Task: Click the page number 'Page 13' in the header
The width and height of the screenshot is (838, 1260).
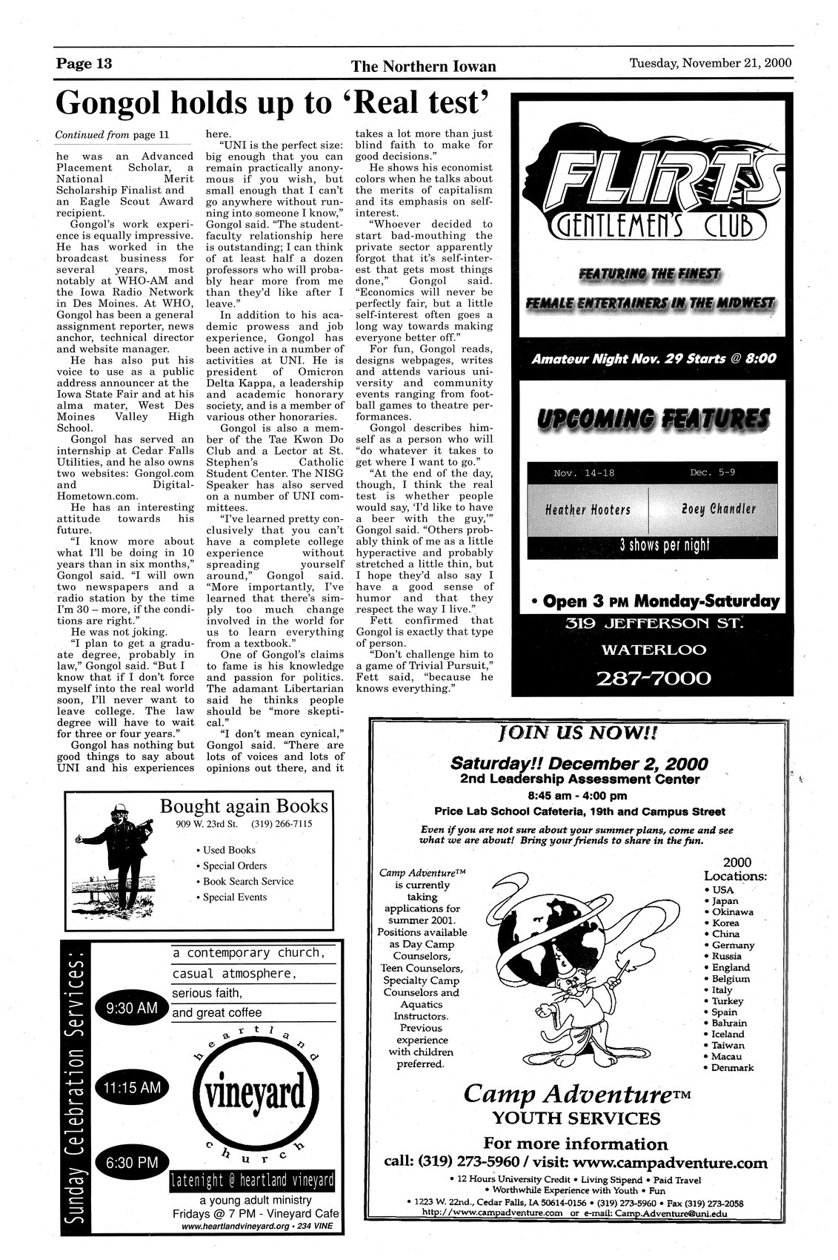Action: tap(84, 63)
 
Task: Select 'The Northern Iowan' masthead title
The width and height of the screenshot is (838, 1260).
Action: tap(423, 67)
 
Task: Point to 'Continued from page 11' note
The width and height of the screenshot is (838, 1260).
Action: tap(112, 135)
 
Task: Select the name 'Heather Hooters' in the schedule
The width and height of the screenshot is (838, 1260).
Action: tap(588, 509)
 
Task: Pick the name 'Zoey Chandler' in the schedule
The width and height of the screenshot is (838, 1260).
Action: tap(718, 509)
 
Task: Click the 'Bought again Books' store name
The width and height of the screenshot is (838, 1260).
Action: tap(244, 806)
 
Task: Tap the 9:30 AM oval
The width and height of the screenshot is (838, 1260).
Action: tap(131, 1008)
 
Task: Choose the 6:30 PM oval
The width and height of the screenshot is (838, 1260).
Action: tap(131, 1162)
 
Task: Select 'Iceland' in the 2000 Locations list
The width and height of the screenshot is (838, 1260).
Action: tap(728, 1034)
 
